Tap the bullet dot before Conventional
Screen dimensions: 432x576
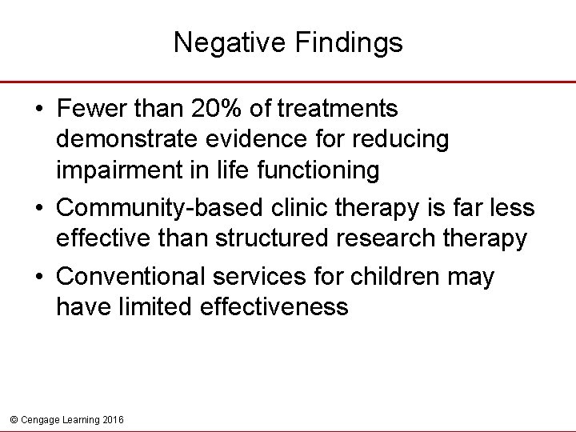coord(40,278)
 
